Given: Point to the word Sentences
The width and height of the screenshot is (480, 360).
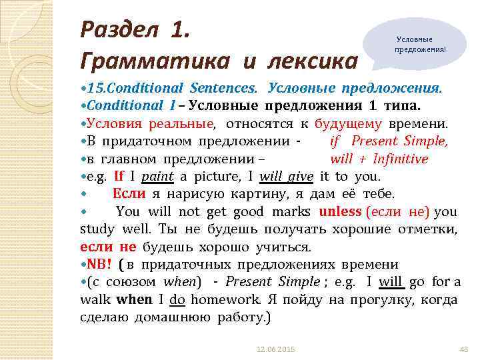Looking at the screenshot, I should pyautogui.click(x=223, y=89).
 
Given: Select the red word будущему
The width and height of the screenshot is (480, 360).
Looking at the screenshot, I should pyautogui.click(x=348, y=123).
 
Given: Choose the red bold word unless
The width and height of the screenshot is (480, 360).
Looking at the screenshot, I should pyautogui.click(x=341, y=212).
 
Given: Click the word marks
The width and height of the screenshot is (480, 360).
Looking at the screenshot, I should pyautogui.click(x=293, y=212).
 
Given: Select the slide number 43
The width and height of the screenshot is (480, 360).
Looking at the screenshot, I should pyautogui.click(x=465, y=349).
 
